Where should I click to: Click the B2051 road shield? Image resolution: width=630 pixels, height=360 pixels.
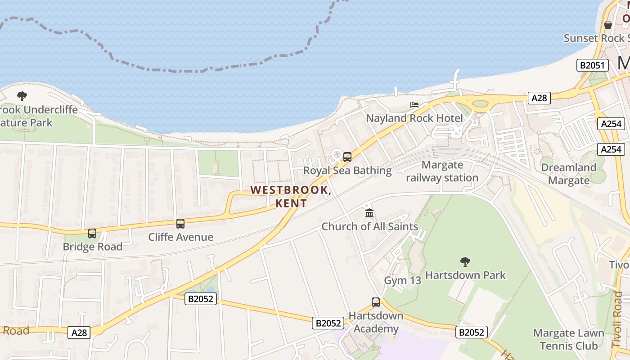(593, 65)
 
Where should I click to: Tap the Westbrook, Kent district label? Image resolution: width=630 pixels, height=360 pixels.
(291, 197)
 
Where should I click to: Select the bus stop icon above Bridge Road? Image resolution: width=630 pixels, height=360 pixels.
(92, 234)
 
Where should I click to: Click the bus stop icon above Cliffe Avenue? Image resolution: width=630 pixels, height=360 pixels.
(180, 223)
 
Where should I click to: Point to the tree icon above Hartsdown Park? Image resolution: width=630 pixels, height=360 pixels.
(465, 261)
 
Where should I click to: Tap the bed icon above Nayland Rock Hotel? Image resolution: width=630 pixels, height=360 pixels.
(414, 105)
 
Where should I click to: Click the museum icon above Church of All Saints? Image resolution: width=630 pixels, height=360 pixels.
(369, 213)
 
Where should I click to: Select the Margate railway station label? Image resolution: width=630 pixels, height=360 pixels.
(442, 171)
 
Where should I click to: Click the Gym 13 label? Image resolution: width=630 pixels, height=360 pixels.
(402, 281)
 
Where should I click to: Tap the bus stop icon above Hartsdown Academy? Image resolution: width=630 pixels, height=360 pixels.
(376, 302)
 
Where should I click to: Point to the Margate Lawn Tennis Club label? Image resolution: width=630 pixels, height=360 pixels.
(569, 339)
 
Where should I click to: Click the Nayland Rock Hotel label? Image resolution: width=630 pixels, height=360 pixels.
(414, 118)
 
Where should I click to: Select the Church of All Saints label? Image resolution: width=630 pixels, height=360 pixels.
(369, 226)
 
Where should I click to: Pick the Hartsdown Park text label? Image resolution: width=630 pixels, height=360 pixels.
(465, 275)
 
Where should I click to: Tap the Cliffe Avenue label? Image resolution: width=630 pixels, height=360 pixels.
(180, 237)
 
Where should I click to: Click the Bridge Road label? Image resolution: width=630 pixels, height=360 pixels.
(92, 247)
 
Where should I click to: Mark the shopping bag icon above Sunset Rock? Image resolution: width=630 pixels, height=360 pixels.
(608, 25)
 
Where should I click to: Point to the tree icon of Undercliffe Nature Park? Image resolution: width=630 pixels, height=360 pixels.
(22, 96)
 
